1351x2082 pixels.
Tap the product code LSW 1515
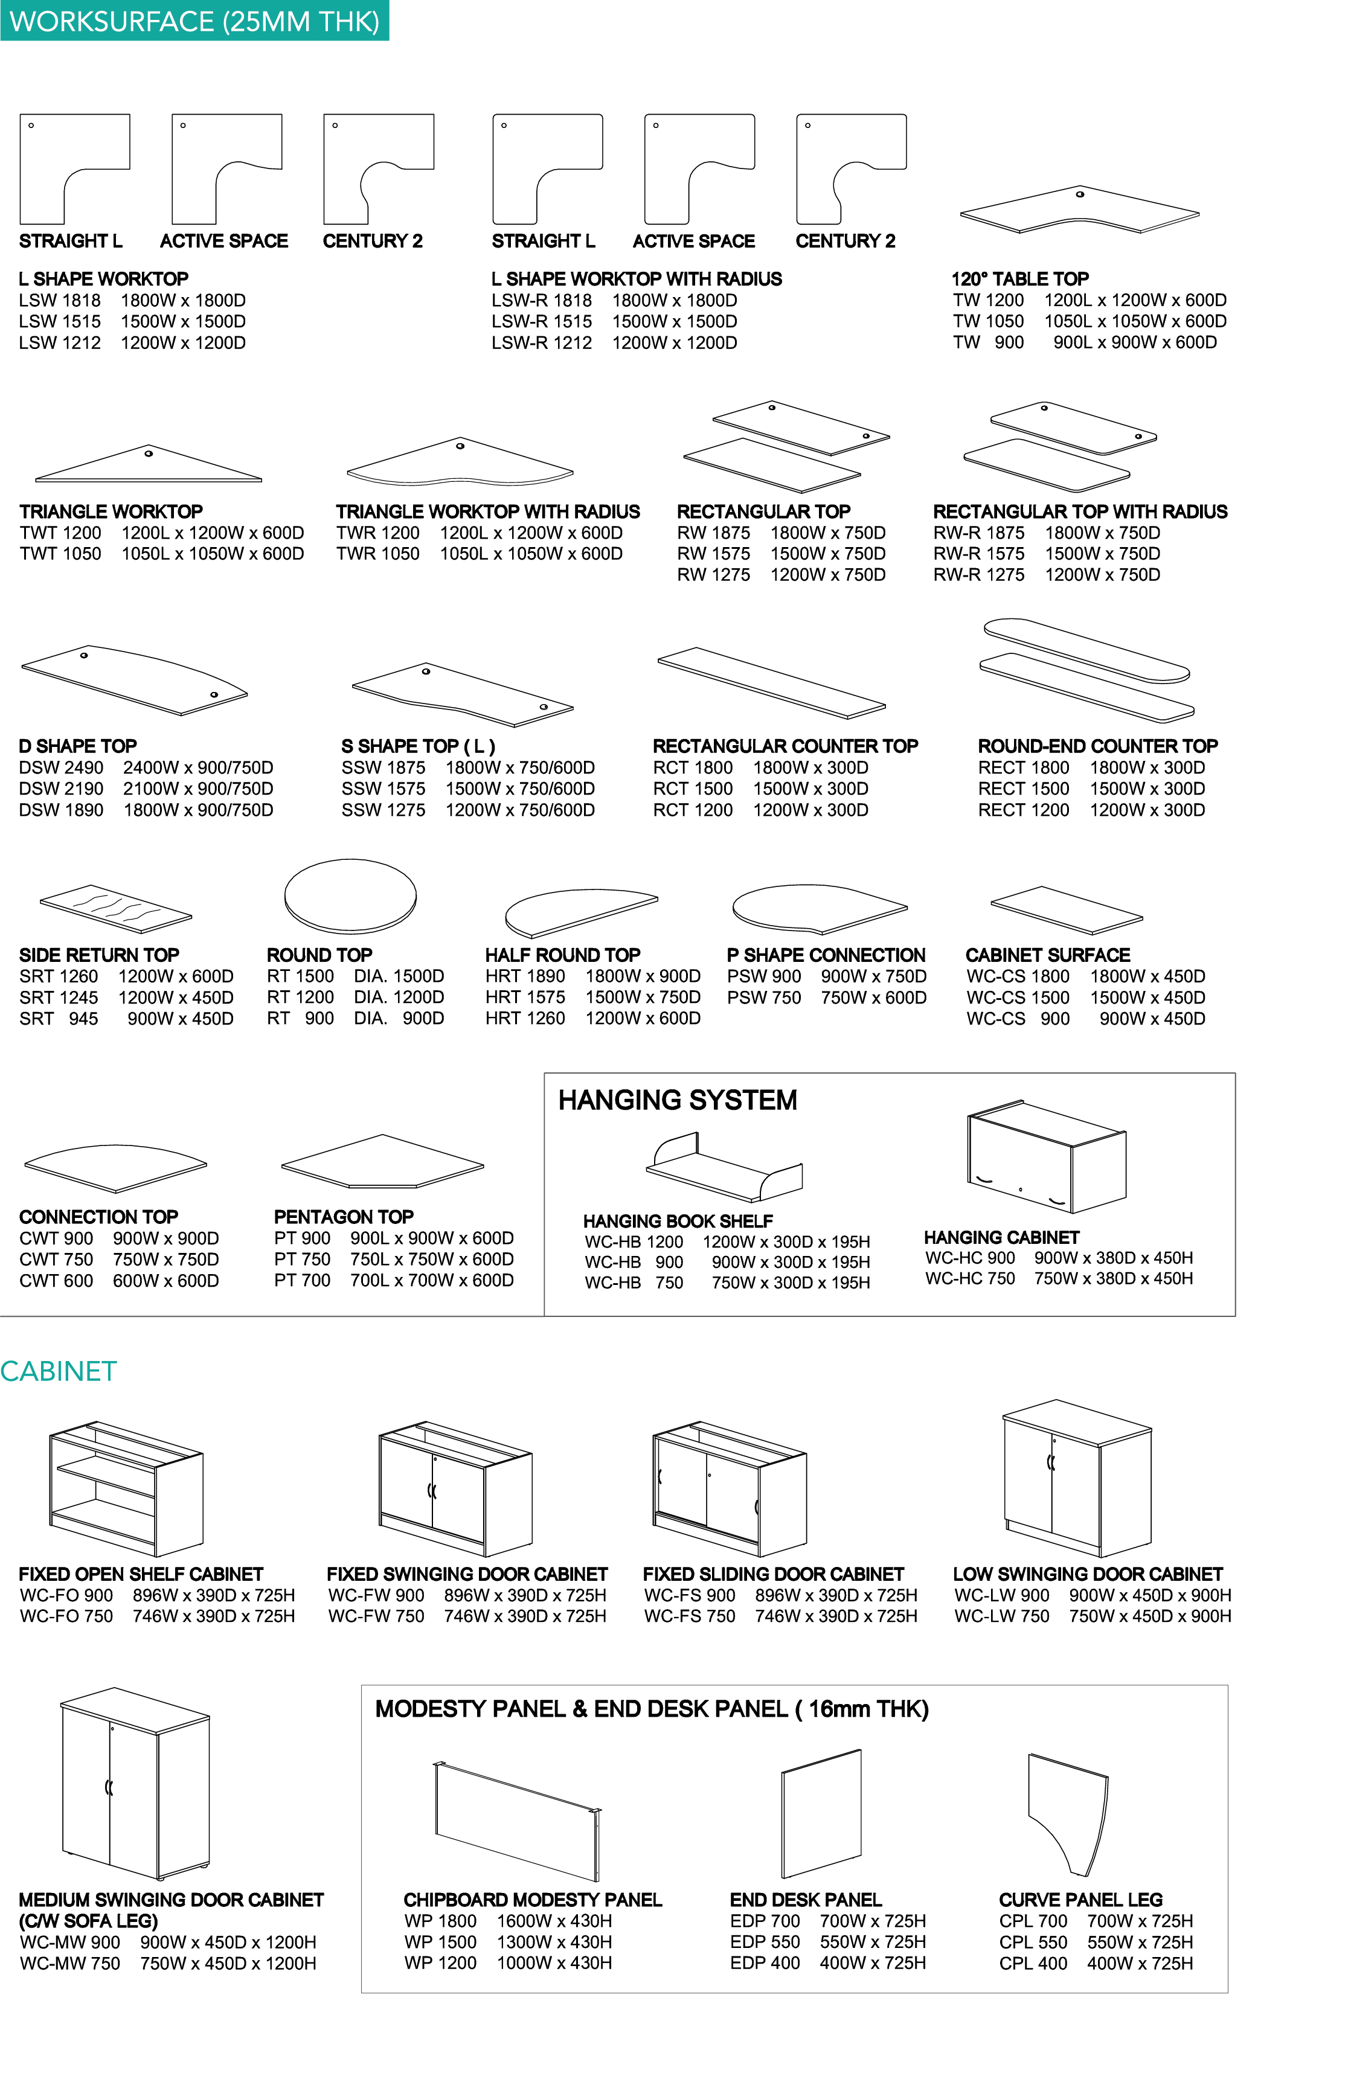tap(60, 322)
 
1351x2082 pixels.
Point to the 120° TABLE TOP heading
tap(1019, 279)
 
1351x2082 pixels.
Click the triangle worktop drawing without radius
tap(149, 466)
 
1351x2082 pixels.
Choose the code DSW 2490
tap(60, 768)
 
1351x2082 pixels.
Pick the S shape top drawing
tap(462, 694)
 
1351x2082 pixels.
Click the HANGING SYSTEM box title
tap(677, 1100)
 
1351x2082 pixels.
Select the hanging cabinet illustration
tap(1047, 1156)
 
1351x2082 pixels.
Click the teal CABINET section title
tap(59, 1371)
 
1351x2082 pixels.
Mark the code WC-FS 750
tap(690, 1616)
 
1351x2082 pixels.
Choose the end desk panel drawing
tap(821, 1813)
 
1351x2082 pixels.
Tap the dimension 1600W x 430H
tap(554, 1921)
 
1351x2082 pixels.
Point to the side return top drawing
tap(115, 909)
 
